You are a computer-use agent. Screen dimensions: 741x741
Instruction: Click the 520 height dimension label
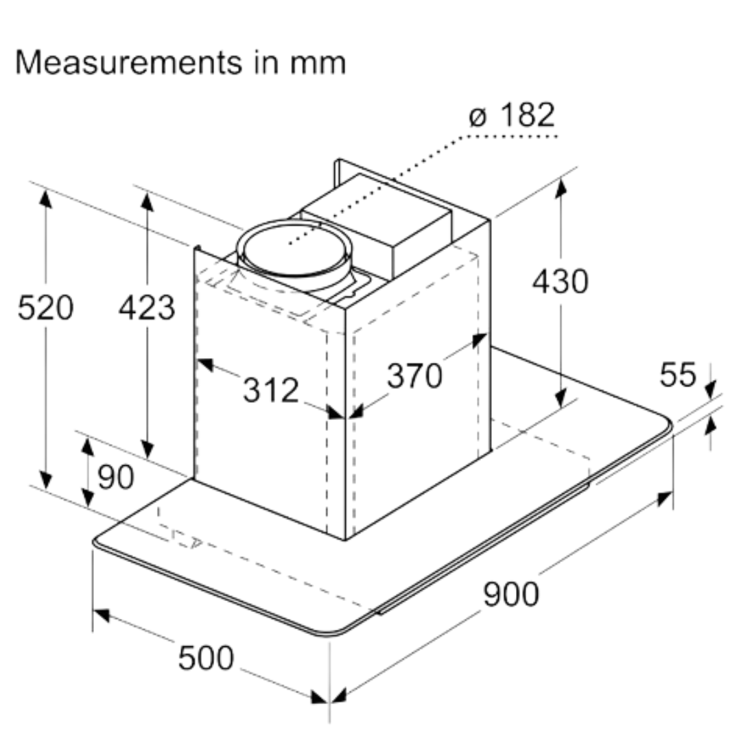pos(45,307)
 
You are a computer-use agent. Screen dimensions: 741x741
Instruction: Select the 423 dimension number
pos(147,307)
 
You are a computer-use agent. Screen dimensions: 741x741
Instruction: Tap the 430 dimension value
pos(560,281)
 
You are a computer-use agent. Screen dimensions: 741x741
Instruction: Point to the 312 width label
pos(271,390)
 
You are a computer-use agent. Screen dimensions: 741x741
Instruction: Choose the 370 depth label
pos(414,375)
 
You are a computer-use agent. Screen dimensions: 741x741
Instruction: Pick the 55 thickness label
pos(678,375)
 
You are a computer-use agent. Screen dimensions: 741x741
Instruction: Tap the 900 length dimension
pos(511,594)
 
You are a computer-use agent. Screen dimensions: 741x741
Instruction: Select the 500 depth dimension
pos(206,658)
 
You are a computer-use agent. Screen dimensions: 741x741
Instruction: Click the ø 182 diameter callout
pos(512,116)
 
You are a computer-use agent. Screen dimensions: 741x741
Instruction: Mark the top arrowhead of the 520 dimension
pos(45,198)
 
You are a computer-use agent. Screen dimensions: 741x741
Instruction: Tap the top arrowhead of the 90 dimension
pos(87,445)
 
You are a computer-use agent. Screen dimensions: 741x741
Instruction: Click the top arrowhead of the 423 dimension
pos(147,200)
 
